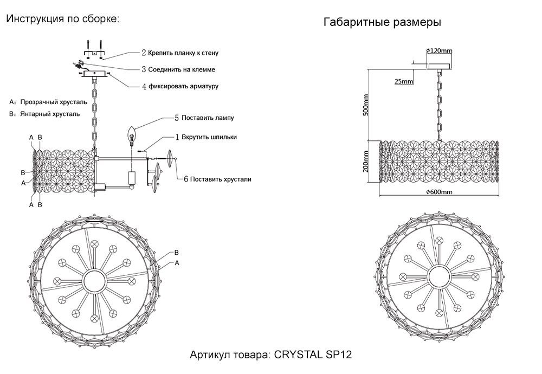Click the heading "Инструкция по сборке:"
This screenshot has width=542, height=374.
coord(62,19)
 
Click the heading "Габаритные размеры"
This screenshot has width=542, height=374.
coord(382,23)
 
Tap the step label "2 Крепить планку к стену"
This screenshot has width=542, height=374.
coord(180,53)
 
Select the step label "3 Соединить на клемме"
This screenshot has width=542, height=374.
coord(178,69)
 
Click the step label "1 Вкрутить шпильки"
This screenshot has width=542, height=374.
coord(205,137)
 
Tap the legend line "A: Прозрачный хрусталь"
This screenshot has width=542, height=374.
coord(48,101)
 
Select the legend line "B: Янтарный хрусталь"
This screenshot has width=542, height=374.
coord(44,114)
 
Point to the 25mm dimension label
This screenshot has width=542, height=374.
coord(404,81)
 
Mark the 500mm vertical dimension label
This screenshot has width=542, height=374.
coord(366,105)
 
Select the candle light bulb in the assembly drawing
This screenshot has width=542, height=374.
coord(131,133)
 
